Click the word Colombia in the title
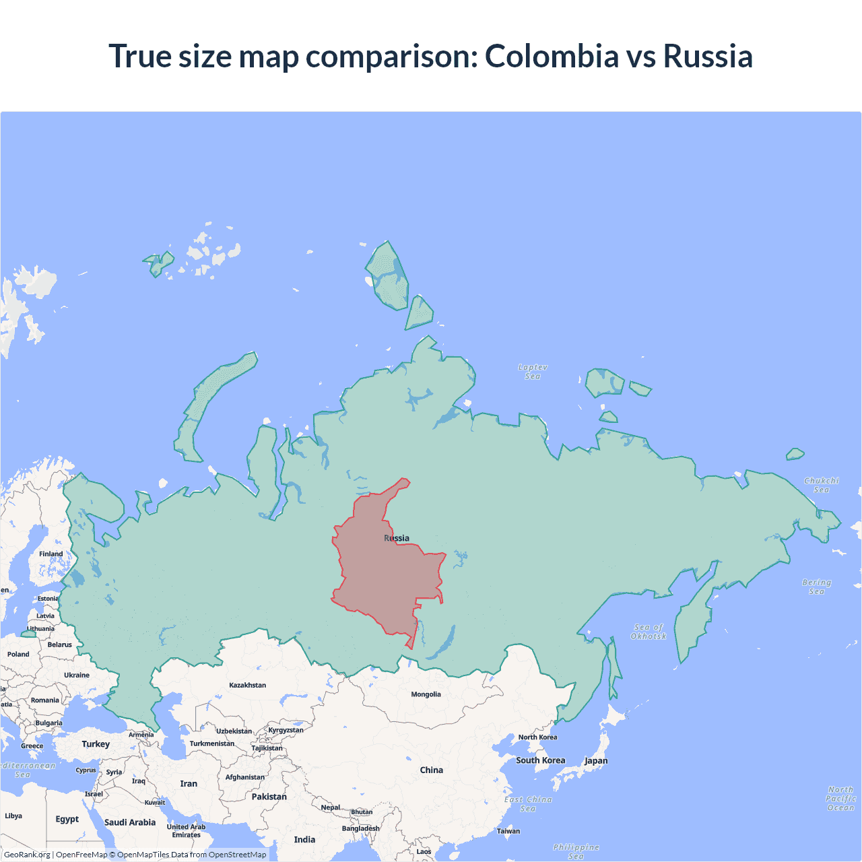click(552, 56)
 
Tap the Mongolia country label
click(426, 694)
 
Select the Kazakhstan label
click(247, 685)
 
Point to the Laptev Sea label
click(533, 372)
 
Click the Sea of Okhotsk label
click(649, 632)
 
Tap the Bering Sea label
click(816, 587)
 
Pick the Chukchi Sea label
click(822, 485)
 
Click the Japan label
click(596, 761)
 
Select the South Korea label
click(540, 760)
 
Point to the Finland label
click(51, 554)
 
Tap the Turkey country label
click(96, 744)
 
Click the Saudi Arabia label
click(130, 822)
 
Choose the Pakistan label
click(269, 797)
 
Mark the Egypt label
click(67, 819)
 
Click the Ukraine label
click(77, 675)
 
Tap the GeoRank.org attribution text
click(27, 855)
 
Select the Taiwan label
click(508, 831)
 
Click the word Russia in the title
click(708, 56)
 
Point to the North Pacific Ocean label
click(841, 798)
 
